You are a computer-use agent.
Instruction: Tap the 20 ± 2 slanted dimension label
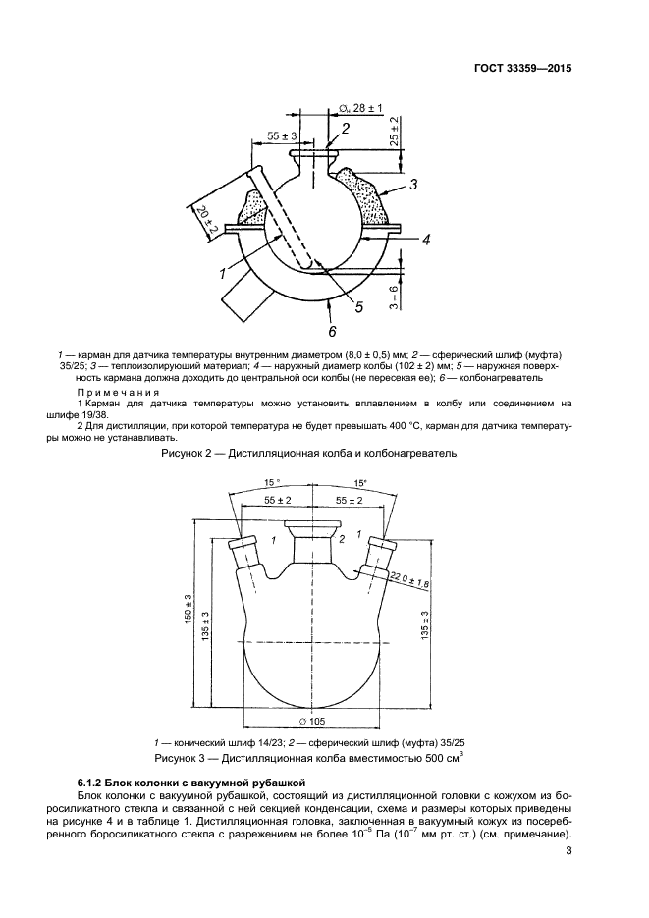click(x=204, y=222)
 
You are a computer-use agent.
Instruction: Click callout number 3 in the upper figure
click(x=413, y=184)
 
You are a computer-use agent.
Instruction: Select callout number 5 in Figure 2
click(x=359, y=307)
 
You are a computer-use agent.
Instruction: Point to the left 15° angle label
click(x=272, y=482)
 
